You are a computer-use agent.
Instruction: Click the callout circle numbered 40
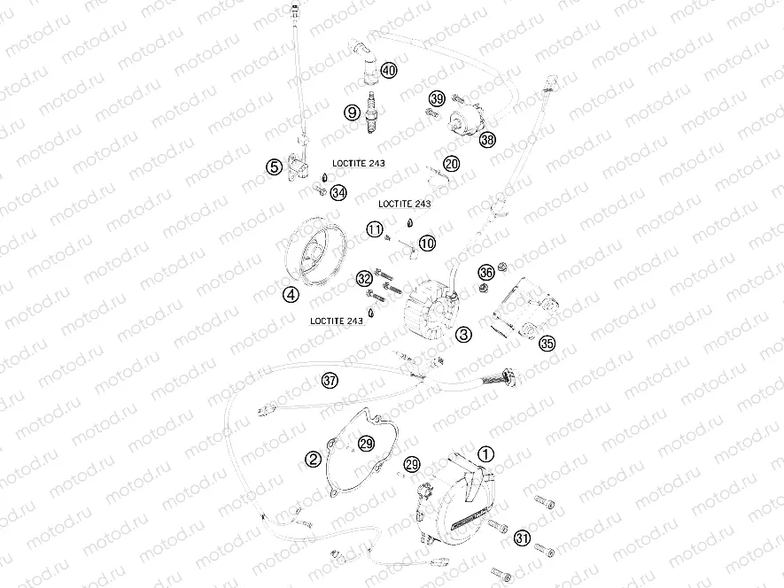coord(390,71)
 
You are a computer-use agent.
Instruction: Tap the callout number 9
coord(352,112)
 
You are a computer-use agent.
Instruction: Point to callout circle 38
coord(488,140)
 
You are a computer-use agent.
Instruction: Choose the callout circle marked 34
coord(338,192)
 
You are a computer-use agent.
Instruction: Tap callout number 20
coord(452,164)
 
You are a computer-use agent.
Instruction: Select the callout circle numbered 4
coord(290,296)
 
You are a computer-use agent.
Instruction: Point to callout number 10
coord(428,242)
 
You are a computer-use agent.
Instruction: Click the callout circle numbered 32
coord(364,278)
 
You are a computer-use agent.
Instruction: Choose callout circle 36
coord(486,272)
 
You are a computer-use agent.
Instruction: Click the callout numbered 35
coord(547,344)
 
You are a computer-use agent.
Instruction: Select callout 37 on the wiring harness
coord(330,382)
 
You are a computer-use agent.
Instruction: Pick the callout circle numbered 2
coord(313,459)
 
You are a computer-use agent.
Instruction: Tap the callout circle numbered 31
coord(523,538)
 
